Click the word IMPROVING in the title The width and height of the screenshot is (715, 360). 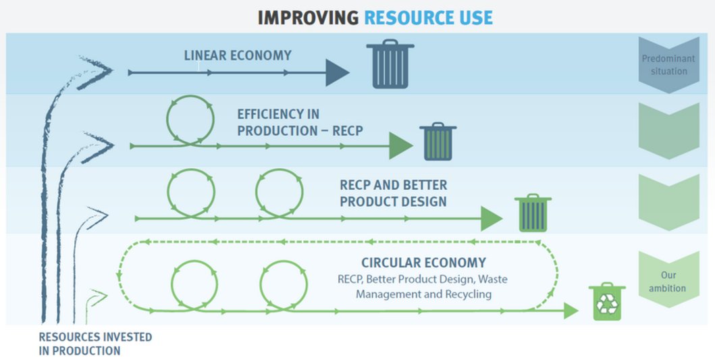click(307, 18)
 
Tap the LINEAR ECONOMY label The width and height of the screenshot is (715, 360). click(237, 55)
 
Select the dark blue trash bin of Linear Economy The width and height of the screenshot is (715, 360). click(390, 65)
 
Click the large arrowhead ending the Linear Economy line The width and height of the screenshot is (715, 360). click(337, 72)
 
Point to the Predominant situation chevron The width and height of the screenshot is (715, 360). click(664, 66)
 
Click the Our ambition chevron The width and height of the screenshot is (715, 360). click(664, 281)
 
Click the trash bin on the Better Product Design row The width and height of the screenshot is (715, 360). click(533, 213)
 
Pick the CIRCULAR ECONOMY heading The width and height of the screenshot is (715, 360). click(423, 263)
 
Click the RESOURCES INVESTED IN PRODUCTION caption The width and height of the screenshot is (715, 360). click(95, 344)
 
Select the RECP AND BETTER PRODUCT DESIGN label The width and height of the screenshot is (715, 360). click(393, 193)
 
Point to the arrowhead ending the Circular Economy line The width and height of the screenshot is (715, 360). click(571, 311)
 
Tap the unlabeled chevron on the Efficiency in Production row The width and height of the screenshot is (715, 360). click(664, 130)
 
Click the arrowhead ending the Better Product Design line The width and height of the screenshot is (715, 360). click(492, 218)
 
